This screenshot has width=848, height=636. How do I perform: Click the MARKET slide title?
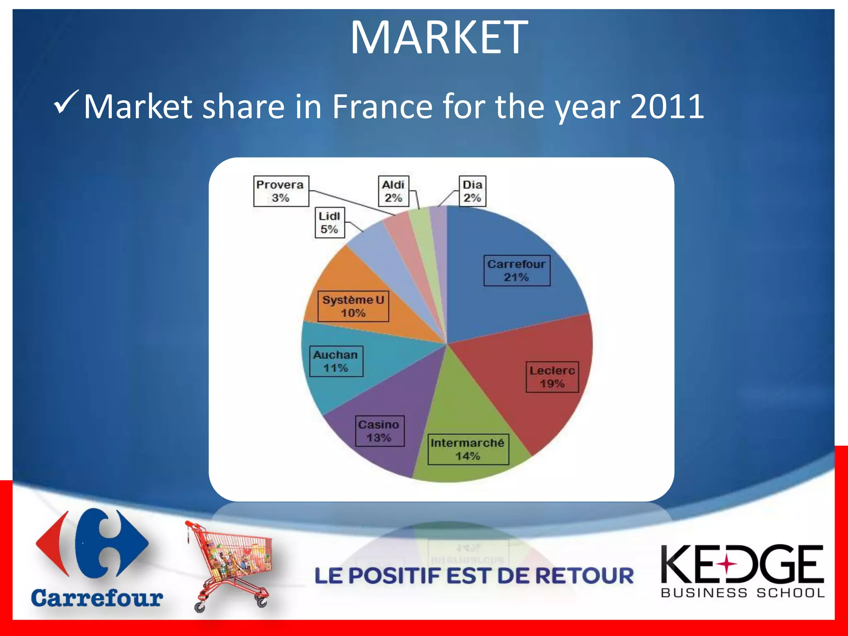coord(439,38)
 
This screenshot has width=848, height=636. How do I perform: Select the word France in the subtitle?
coord(383,106)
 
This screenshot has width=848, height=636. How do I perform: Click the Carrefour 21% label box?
coord(517,270)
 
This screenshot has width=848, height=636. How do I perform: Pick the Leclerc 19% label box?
coord(552,377)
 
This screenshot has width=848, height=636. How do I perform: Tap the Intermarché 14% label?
coord(468,449)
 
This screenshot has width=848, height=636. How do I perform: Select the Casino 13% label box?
coord(379,431)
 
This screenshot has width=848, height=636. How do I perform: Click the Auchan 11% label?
coord(336,361)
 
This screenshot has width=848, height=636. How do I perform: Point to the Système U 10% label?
coord(353,306)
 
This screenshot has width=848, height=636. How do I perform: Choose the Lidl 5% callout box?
coord(330,222)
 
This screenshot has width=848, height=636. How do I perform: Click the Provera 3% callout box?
coord(281,191)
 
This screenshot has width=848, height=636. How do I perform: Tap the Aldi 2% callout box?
coord(393,191)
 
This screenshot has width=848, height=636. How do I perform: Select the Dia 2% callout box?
coord(472,191)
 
